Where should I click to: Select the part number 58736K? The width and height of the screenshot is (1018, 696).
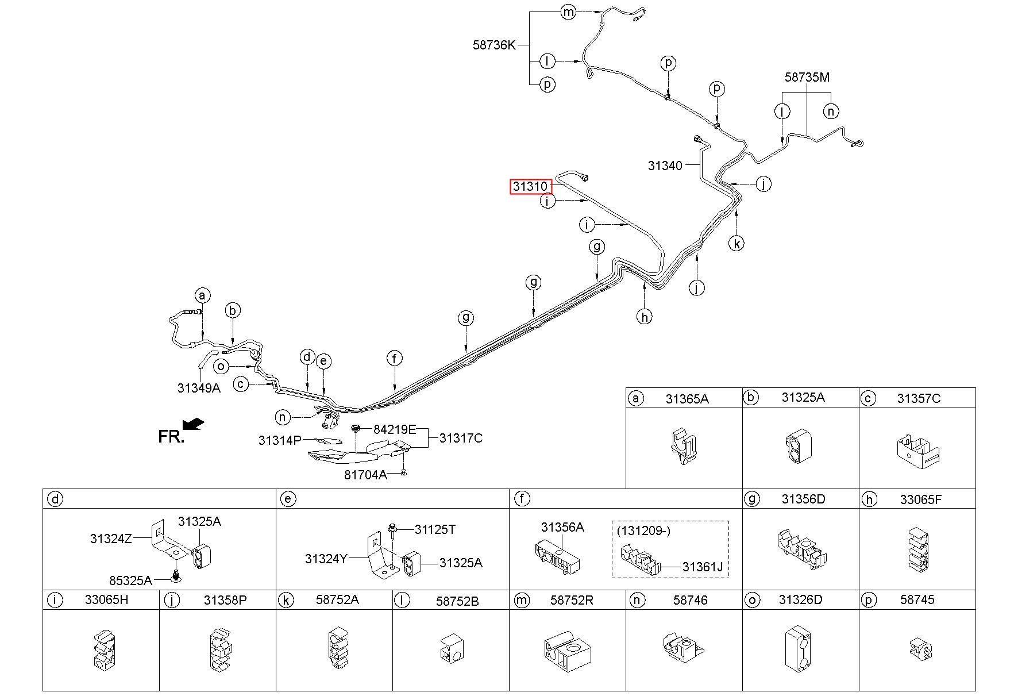494,45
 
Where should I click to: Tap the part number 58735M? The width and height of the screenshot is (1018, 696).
807,77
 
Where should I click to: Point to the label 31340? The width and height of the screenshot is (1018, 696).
665,166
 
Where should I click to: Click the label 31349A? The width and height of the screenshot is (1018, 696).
199,388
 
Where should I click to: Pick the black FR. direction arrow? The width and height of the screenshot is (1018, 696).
193,424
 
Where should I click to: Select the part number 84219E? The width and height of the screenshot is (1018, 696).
395,429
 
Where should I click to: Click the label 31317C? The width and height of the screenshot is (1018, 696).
461,438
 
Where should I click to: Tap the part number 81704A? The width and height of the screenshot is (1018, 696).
365,475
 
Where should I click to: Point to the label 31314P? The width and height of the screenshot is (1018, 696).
280,441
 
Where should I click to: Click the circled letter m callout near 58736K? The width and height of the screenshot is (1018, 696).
568,11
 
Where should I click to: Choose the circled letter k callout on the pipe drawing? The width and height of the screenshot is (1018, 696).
736,243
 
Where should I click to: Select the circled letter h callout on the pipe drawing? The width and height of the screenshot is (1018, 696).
645,316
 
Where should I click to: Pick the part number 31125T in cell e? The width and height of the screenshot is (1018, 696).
435,529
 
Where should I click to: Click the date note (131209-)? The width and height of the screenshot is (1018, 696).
643,530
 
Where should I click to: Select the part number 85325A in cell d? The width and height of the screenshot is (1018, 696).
130,580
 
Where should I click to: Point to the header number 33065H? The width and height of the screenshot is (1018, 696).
106,600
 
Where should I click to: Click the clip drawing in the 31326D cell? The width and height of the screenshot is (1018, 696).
799,648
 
